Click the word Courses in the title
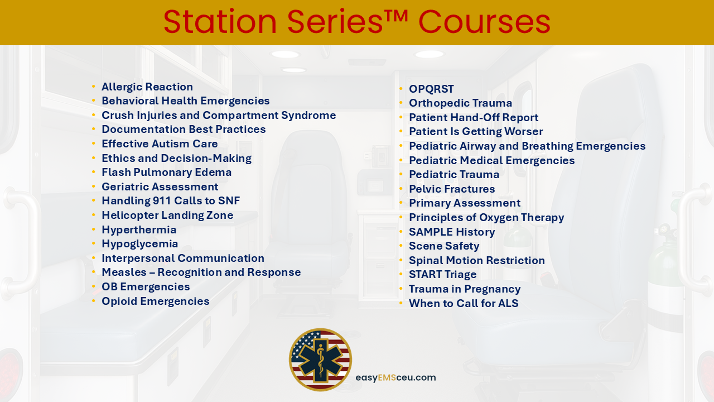484,22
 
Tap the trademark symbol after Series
395,16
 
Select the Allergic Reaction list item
147,87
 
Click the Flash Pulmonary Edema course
166,173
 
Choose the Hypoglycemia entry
139,244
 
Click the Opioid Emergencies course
156,301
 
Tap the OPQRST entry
431,89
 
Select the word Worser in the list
524,131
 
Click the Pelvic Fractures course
452,189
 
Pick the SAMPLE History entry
452,232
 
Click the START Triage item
443,274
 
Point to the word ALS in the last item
508,303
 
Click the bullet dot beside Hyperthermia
94,229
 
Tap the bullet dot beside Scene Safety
401,246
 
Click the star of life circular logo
320,360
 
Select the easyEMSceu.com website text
395,378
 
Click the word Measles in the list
124,272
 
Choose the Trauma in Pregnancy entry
465,289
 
